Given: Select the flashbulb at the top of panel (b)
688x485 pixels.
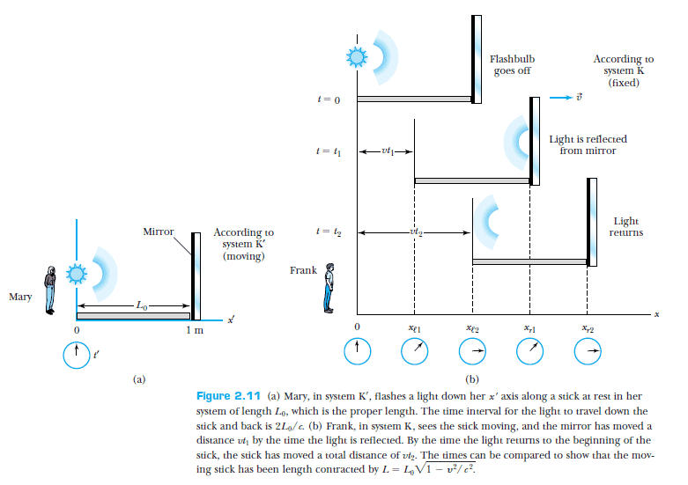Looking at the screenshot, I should (x=356, y=58).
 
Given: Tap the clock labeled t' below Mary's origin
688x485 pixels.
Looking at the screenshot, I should (x=77, y=355).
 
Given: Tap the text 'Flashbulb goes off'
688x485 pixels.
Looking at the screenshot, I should (x=512, y=65).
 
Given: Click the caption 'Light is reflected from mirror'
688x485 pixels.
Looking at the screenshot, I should (x=588, y=144).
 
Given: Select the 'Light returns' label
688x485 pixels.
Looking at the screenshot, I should (x=625, y=227).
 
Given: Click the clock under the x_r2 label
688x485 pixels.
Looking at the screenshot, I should (x=587, y=351).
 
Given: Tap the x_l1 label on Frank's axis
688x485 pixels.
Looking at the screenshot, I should (x=414, y=328).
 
